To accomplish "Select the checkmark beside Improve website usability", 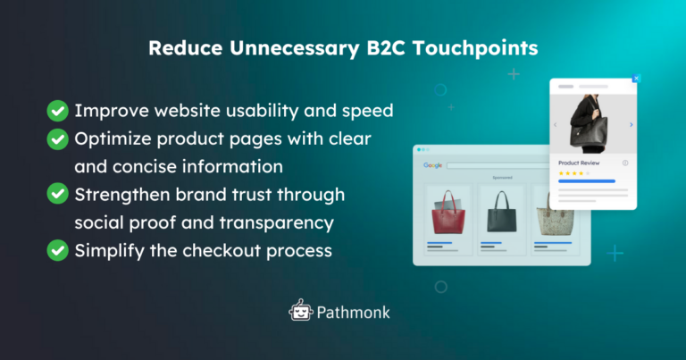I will pos(58,111).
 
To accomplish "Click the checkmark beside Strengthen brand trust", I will pos(58,194).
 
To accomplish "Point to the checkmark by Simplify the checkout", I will pos(58,250).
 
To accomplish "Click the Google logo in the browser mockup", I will pos(433,165).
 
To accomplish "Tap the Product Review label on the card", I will pos(579,163).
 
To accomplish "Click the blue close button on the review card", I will pos(636,79).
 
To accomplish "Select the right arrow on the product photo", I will pos(632,125).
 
